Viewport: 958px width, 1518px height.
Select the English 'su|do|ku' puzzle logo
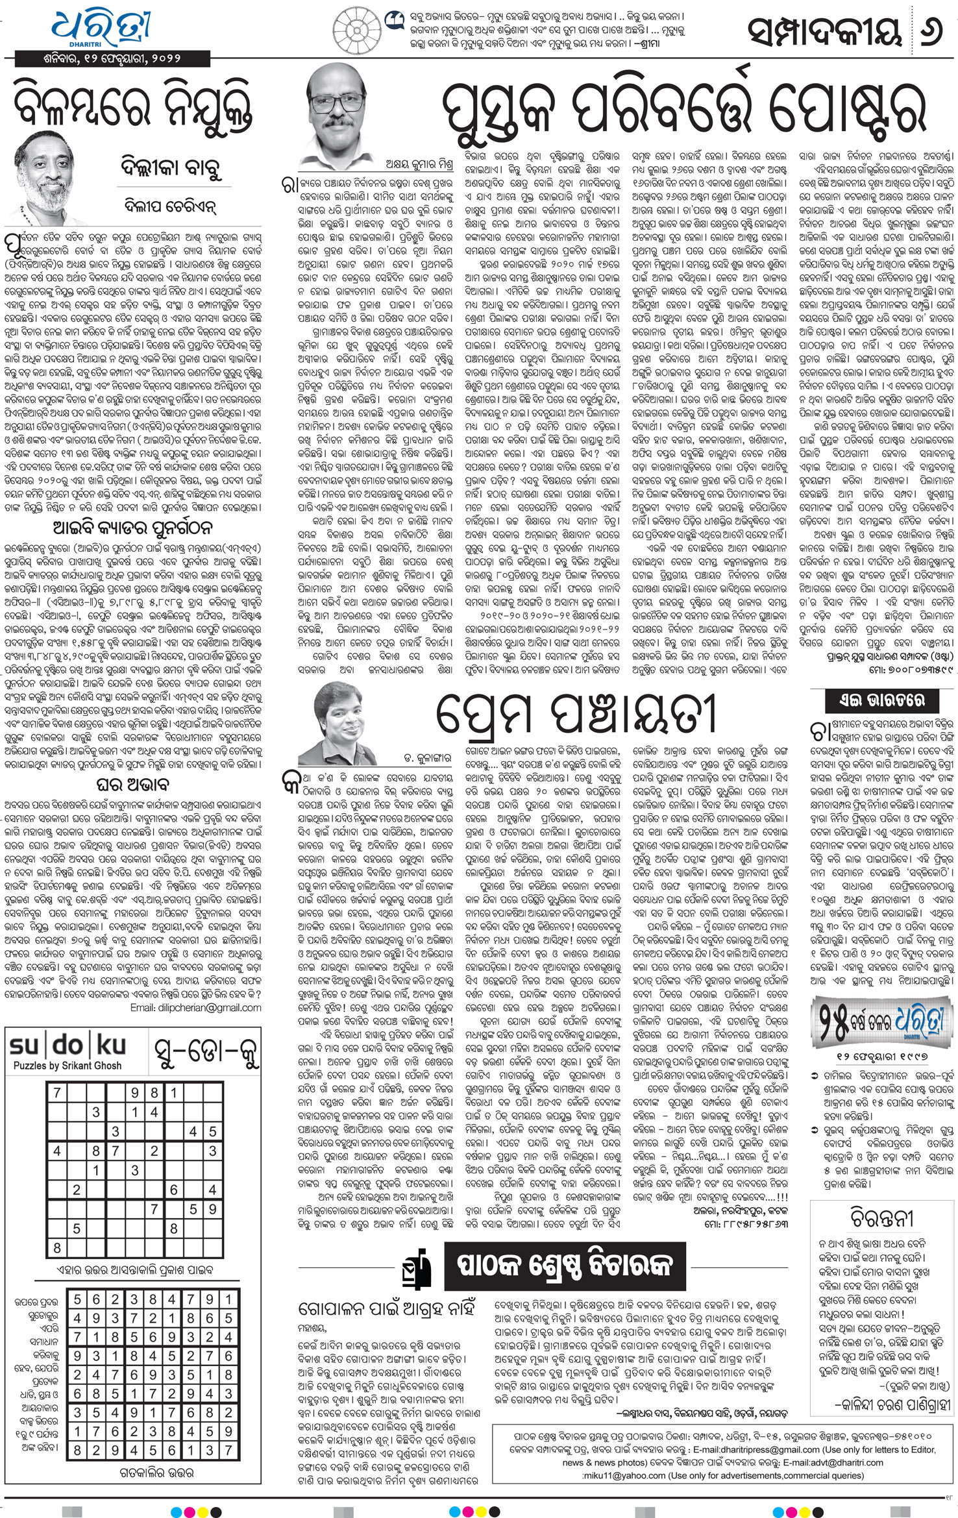68,1046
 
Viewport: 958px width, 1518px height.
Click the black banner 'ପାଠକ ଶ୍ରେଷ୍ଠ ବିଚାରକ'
562,1265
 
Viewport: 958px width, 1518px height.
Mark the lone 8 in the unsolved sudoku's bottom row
57,1247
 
